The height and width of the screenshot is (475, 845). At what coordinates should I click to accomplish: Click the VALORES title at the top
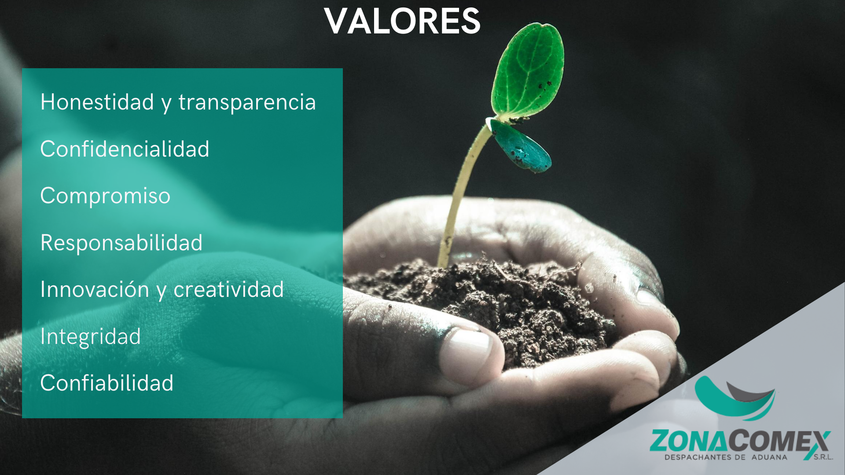(x=402, y=21)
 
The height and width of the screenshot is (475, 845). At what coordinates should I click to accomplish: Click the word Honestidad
(x=97, y=102)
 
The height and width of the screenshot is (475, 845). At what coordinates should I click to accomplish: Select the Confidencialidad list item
(x=125, y=149)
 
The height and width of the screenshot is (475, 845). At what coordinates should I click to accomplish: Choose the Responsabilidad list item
(x=121, y=243)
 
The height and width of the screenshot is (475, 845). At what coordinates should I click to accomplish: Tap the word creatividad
(x=228, y=289)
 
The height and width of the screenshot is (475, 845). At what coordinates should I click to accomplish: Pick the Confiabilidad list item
(x=107, y=383)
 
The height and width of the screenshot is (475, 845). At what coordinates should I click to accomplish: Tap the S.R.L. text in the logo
(x=823, y=457)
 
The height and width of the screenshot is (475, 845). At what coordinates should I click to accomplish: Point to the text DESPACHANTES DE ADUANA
(x=726, y=457)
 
